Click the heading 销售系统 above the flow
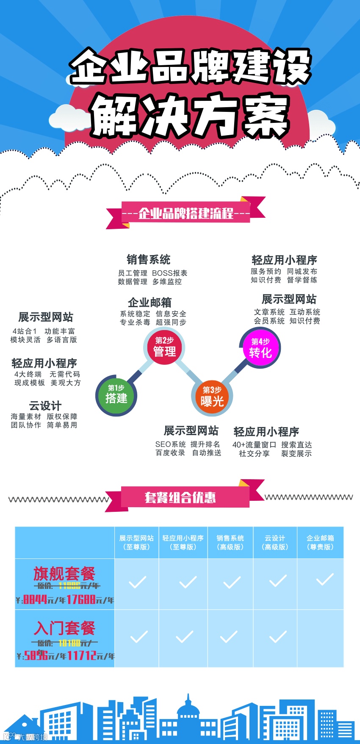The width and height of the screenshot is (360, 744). pyautogui.click(x=149, y=259)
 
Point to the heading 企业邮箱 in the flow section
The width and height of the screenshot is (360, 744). pyautogui.click(x=150, y=302)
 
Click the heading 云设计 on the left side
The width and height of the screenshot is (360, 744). pyautogui.click(x=45, y=405)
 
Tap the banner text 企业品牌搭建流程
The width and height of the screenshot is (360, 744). pyautogui.click(x=186, y=213)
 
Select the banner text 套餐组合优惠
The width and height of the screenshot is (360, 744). pyautogui.click(x=180, y=497)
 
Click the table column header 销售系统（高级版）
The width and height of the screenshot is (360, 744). pyautogui.click(x=230, y=542)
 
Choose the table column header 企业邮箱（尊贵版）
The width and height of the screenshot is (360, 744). pyautogui.click(x=320, y=542)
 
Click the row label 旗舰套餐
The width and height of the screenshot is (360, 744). pyautogui.click(x=64, y=574)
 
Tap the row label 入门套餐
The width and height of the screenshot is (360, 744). pyautogui.click(x=65, y=627)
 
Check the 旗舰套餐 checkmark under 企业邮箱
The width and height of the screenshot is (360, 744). pyautogui.click(x=325, y=580)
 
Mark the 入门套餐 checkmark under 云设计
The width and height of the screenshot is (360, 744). pyautogui.click(x=278, y=637)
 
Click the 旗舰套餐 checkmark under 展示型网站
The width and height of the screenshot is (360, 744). pyautogui.click(x=137, y=582)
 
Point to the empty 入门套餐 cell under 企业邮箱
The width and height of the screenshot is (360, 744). pyautogui.click(x=320, y=638)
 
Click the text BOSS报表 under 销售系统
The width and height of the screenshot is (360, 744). pyautogui.click(x=169, y=273)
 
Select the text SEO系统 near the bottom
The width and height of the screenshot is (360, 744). pyautogui.click(x=170, y=444)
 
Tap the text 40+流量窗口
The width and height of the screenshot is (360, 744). pyautogui.click(x=254, y=445)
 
